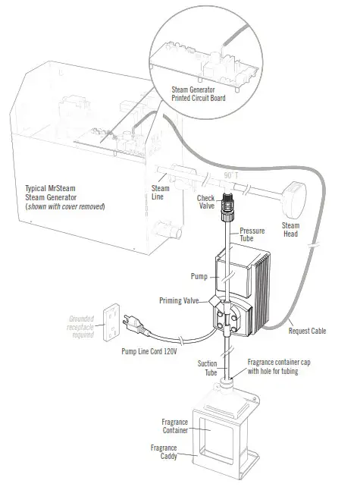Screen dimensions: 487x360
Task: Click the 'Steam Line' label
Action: [161, 193]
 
